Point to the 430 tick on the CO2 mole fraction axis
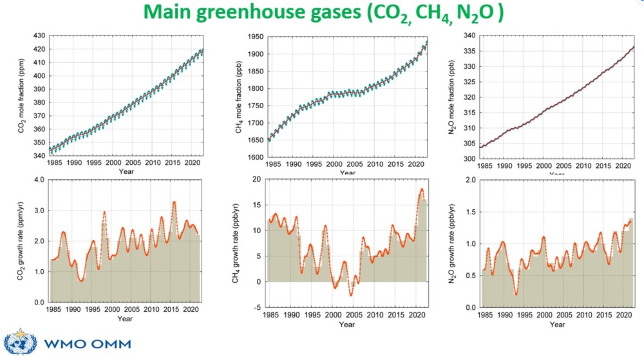[x=39, y=35]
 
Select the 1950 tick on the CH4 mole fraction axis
[x=254, y=36]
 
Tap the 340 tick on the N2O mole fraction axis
[x=469, y=35]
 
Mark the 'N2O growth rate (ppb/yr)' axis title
[x=455, y=243]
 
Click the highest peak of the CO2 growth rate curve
[x=174, y=202]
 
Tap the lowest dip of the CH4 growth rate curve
[x=351, y=296]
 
